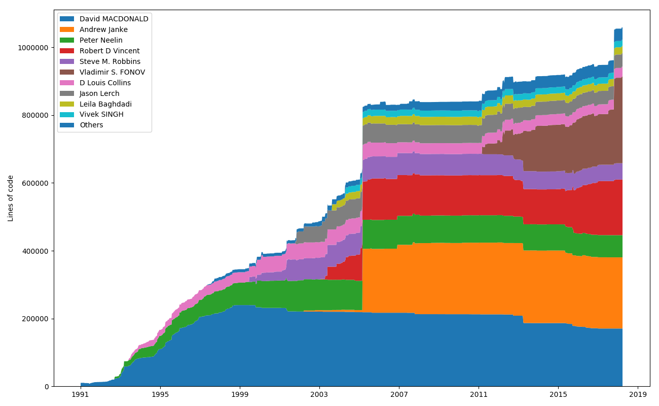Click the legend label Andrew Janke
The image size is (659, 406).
tap(103, 29)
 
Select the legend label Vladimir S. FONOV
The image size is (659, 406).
tap(112, 72)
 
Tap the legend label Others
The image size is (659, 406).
tap(91, 125)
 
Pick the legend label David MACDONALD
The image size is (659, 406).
tap(114, 19)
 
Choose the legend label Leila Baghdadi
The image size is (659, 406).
tap(105, 104)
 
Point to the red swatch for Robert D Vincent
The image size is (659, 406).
tap(67, 51)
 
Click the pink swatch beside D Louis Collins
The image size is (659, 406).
tap(67, 83)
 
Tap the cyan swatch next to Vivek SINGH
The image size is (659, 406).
tap(67, 115)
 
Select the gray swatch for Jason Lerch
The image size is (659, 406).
tap(67, 93)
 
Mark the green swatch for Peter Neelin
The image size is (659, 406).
tap(67, 40)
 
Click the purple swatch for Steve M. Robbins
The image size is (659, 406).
tap(67, 61)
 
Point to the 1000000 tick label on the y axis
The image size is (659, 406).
tap(33, 48)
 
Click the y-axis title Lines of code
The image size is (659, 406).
tap(11, 198)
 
